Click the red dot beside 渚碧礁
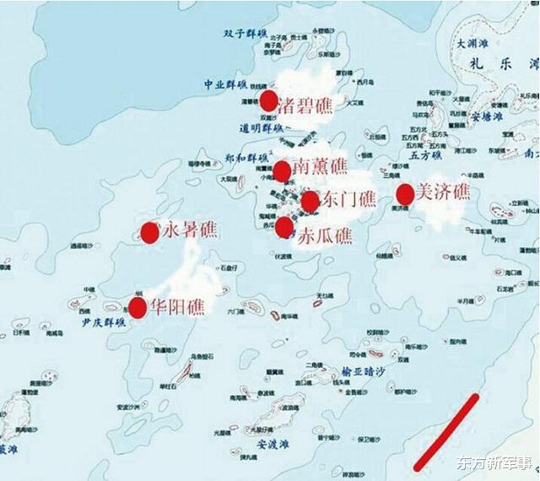(x=269, y=101)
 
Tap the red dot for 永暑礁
(x=150, y=232)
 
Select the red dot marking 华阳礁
(x=137, y=307)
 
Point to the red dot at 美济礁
(x=405, y=194)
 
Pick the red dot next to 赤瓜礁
(x=284, y=227)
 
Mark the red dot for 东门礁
(x=310, y=201)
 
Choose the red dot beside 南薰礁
(x=282, y=169)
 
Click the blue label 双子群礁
(x=246, y=34)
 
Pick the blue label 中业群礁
(x=225, y=84)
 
